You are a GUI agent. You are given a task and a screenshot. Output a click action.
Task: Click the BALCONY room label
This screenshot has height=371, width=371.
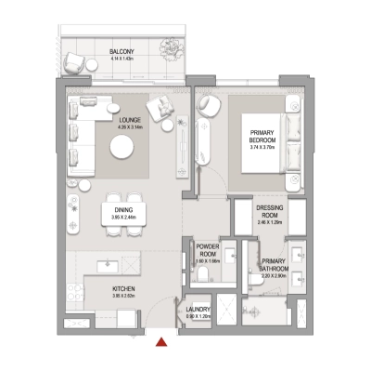pos(122,50)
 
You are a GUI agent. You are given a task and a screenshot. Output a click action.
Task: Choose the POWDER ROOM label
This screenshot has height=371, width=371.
pos(207,250)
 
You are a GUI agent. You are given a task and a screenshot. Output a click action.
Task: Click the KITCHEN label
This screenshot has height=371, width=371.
pos(124,289)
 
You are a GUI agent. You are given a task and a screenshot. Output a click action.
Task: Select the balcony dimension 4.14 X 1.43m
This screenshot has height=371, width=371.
pos(122,59)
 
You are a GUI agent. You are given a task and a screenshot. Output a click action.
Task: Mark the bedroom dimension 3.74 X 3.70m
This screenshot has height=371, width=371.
pos(264,147)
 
